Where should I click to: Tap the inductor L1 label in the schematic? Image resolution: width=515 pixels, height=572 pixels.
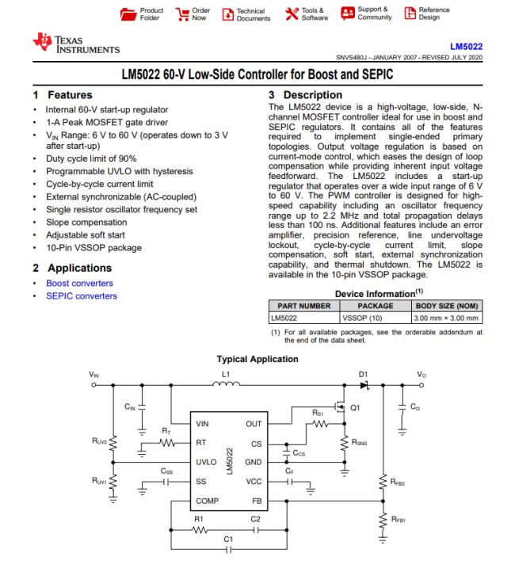[226, 373]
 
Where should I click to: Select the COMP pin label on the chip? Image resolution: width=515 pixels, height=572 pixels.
[208, 501]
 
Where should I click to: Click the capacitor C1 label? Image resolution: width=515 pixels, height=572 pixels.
[228, 540]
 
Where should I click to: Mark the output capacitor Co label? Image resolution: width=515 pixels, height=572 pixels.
[415, 406]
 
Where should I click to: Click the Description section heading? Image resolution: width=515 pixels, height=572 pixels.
[301, 95]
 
